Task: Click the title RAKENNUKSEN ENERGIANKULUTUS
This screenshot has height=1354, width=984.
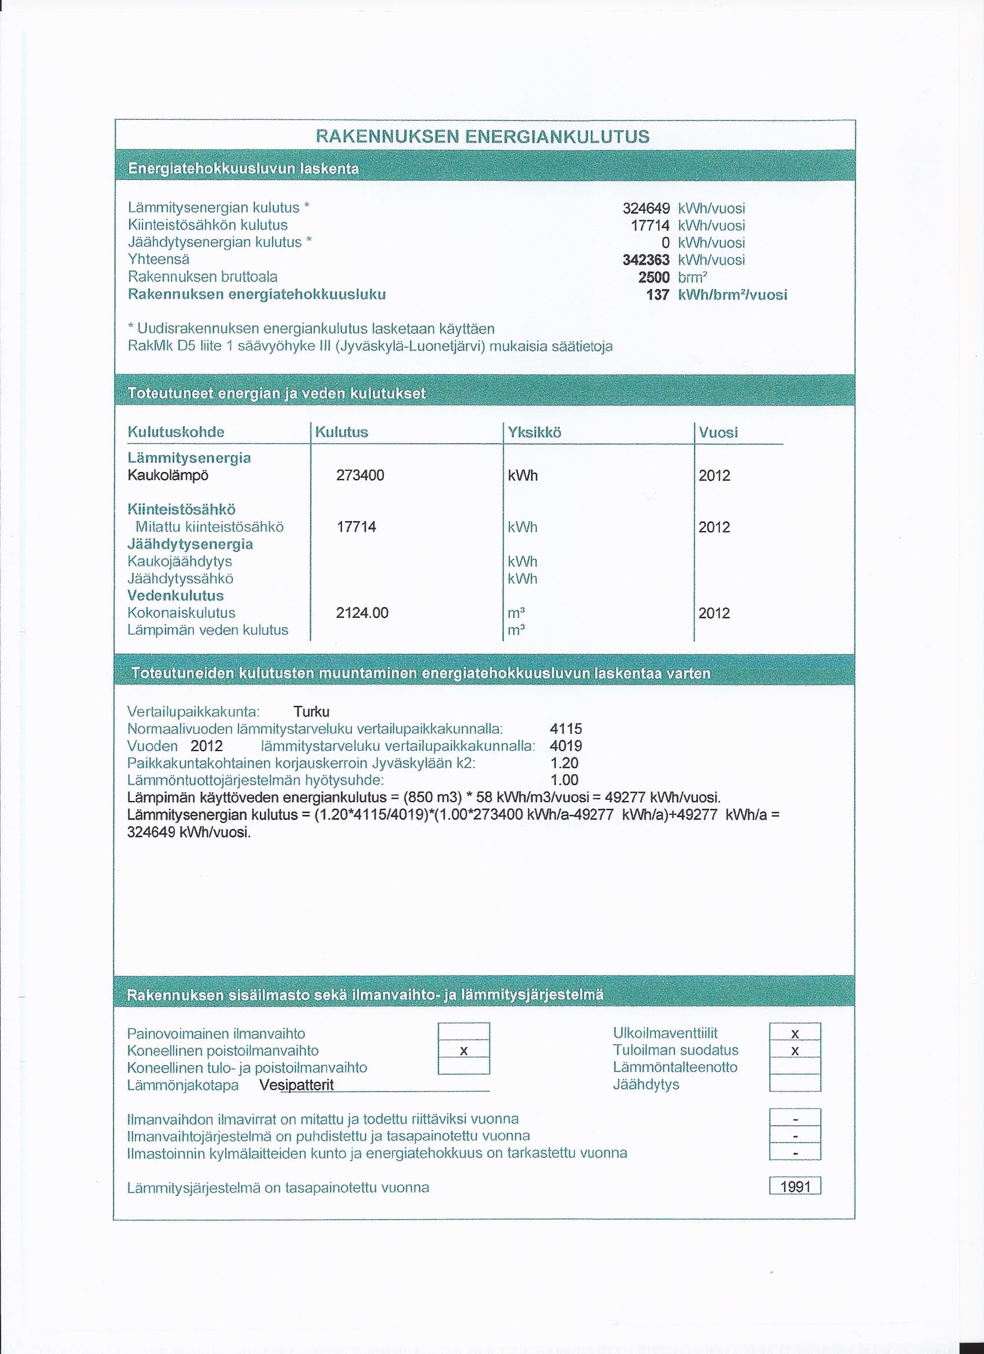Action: coord(482,137)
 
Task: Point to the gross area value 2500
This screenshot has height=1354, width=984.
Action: coord(654,277)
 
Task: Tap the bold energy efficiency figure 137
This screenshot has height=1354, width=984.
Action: coord(658,294)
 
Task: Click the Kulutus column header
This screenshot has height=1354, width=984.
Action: coord(342,432)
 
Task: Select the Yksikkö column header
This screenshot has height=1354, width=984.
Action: coord(534,432)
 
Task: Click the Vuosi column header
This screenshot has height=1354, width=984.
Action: coord(718,432)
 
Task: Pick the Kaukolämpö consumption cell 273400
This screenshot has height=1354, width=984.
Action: coord(361,475)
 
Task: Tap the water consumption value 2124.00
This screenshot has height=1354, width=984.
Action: coord(362,613)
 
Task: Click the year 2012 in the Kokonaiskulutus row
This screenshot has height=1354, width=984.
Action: coord(714,613)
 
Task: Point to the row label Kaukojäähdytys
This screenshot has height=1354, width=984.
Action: coord(179,561)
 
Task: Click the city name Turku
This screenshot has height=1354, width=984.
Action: coord(311,712)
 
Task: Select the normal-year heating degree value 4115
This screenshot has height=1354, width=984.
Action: coord(566,729)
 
